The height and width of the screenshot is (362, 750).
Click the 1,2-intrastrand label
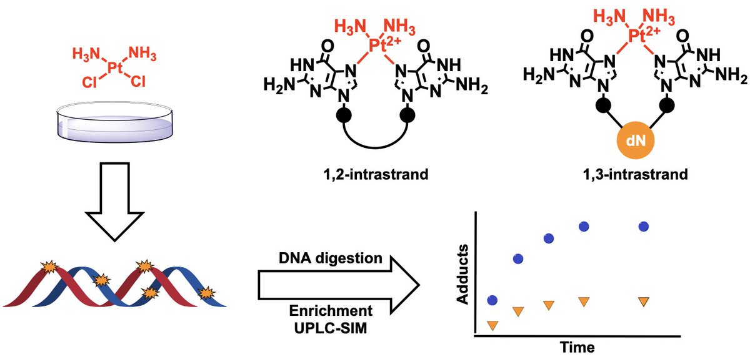point(371,174)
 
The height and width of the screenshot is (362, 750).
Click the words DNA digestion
point(324,258)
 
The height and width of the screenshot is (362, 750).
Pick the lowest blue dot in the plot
point(492,300)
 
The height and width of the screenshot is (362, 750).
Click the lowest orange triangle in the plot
point(492,325)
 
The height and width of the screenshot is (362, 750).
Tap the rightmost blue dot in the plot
point(643,227)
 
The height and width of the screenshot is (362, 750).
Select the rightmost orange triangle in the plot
point(643,301)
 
